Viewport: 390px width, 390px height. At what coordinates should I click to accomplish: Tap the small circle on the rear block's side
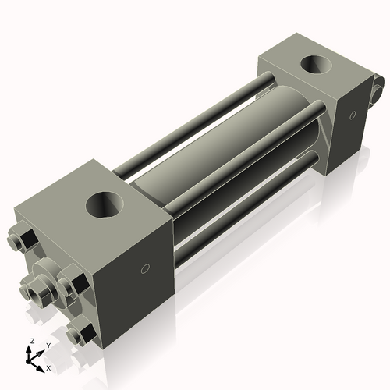coord(353,116)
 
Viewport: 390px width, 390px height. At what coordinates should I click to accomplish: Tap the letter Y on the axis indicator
coord(48,345)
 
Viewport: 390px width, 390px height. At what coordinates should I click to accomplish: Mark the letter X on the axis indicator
coord(48,367)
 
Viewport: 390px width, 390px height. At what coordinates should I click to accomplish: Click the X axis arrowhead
coord(41,363)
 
